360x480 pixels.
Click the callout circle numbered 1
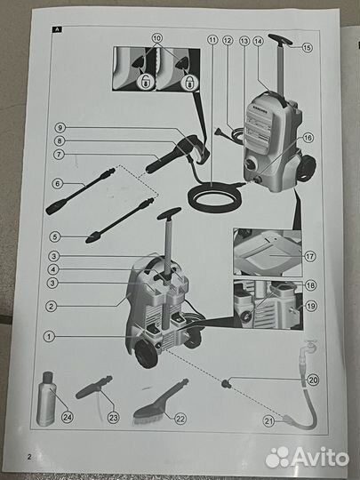pyautogui.click(x=50, y=337)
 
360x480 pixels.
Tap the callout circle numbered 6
pyautogui.click(x=59, y=184)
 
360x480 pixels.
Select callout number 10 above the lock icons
pyautogui.click(x=157, y=39)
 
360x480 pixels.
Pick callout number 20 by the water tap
pyautogui.click(x=312, y=380)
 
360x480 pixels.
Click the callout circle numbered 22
pyautogui.click(x=180, y=418)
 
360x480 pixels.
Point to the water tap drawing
pyautogui.click(x=308, y=349)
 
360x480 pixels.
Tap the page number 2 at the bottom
pyautogui.click(x=29, y=457)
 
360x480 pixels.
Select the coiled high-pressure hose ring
pyautogui.click(x=214, y=195)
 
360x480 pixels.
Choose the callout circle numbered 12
pyautogui.click(x=228, y=41)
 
